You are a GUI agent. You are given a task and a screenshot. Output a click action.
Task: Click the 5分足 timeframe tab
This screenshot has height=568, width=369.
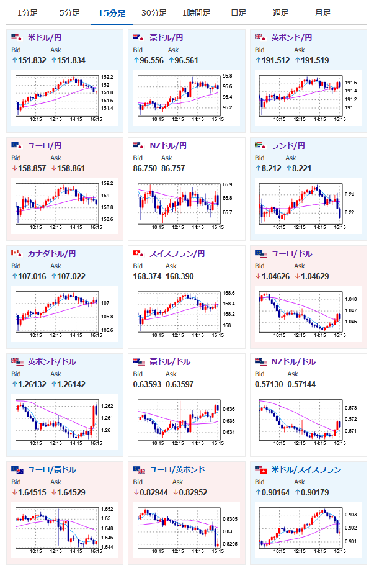point(69,13)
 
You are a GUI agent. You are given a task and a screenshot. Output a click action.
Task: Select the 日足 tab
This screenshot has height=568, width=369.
point(238,13)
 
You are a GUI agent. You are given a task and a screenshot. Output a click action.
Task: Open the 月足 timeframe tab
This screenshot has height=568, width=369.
point(322,13)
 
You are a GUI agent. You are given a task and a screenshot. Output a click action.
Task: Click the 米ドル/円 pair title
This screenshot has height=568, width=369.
point(45,38)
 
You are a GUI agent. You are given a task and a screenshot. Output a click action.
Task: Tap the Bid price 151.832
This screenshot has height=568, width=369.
point(32,60)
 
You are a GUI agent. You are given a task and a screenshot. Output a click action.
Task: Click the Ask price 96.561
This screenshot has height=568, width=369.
point(186,60)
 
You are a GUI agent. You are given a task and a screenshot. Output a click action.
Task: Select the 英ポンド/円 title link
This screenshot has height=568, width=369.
point(291,38)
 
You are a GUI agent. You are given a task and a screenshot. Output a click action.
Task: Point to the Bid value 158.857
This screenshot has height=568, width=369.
point(32,168)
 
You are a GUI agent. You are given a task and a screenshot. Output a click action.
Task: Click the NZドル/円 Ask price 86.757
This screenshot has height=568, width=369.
point(173,168)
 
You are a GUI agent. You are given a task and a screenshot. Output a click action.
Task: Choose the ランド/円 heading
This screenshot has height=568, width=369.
point(288,146)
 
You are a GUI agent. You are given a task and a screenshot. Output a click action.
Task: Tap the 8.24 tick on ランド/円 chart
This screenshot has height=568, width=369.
point(350,194)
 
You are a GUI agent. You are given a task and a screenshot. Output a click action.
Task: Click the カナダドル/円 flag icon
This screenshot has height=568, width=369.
point(16,253)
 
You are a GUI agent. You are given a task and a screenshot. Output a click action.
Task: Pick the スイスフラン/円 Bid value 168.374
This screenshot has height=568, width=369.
point(147,276)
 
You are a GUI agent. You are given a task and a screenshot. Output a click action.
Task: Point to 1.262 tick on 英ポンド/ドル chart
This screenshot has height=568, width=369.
point(107,406)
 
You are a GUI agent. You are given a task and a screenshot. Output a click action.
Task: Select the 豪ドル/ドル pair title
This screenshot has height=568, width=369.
point(170,361)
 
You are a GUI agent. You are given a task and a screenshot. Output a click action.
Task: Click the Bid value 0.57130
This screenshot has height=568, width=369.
point(269,384)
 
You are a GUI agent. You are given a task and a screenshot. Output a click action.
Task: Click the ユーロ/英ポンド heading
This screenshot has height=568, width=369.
point(177,470)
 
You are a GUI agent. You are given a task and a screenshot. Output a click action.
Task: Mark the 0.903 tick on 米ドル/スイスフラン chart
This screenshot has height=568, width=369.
point(350,515)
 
